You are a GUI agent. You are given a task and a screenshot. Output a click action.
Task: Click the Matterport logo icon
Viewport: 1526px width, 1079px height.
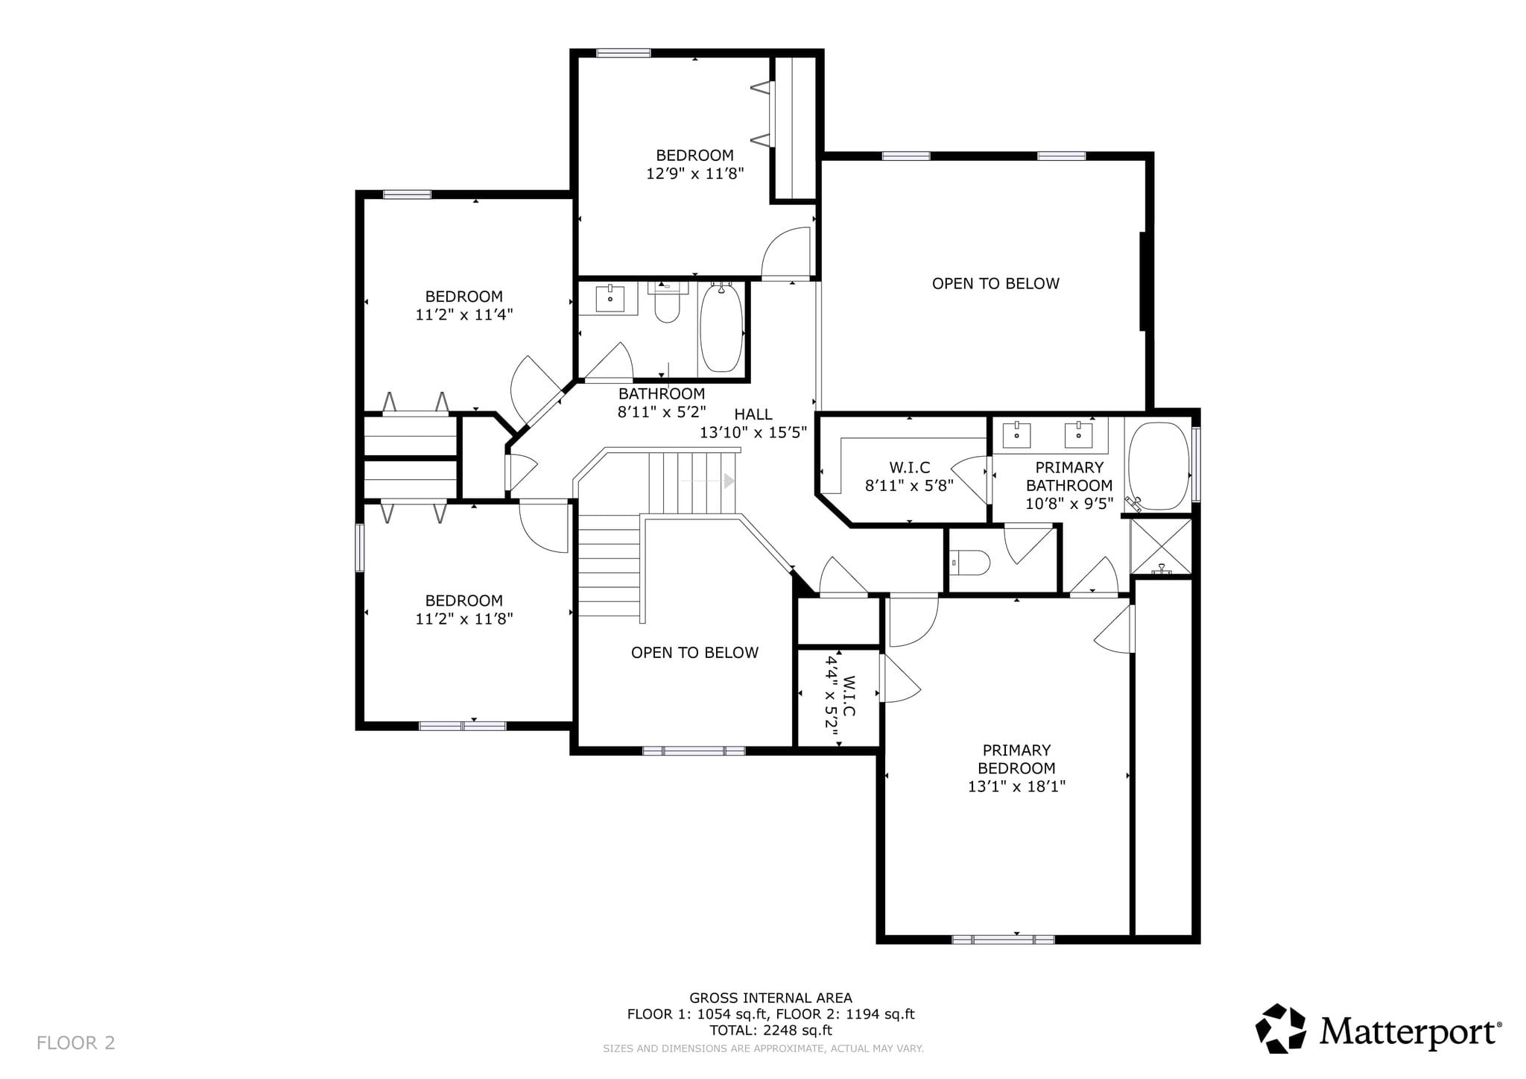click(x=1281, y=1029)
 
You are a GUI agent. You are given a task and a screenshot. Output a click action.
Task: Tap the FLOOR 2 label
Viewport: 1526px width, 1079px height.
click(x=76, y=1042)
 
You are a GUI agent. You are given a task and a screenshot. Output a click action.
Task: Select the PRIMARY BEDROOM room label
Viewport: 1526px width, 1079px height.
click(x=1016, y=759)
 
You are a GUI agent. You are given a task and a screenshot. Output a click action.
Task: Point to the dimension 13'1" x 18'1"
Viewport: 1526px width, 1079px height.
click(x=1016, y=786)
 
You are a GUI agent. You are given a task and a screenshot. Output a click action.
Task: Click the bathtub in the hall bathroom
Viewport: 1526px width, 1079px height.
click(x=721, y=328)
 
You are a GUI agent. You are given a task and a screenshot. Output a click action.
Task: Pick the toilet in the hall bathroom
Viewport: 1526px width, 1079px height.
click(x=667, y=302)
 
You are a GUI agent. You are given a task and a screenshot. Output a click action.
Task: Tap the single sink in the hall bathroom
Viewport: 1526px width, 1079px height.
click(x=611, y=298)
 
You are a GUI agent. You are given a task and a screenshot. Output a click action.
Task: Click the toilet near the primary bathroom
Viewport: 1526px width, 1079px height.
click(x=970, y=562)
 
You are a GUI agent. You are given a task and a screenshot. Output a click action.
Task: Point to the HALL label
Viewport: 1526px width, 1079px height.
click(x=753, y=414)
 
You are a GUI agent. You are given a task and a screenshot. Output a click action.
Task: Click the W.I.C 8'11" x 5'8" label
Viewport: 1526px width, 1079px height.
click(x=909, y=477)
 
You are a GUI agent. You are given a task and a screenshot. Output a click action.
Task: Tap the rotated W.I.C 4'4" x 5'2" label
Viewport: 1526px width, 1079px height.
click(x=840, y=696)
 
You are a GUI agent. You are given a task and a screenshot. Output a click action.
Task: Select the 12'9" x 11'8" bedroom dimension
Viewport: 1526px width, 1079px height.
click(x=695, y=174)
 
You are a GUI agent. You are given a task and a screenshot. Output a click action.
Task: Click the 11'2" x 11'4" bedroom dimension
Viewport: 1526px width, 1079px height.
click(x=464, y=314)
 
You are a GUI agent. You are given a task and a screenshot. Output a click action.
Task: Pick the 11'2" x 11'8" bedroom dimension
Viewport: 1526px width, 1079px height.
click(x=464, y=618)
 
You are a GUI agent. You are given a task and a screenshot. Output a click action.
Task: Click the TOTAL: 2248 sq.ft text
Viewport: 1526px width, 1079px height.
click(x=770, y=1031)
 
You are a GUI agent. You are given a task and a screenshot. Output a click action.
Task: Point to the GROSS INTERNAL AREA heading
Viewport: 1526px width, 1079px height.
click(x=770, y=998)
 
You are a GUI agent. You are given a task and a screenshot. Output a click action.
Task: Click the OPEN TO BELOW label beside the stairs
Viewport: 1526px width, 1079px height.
click(x=694, y=653)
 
